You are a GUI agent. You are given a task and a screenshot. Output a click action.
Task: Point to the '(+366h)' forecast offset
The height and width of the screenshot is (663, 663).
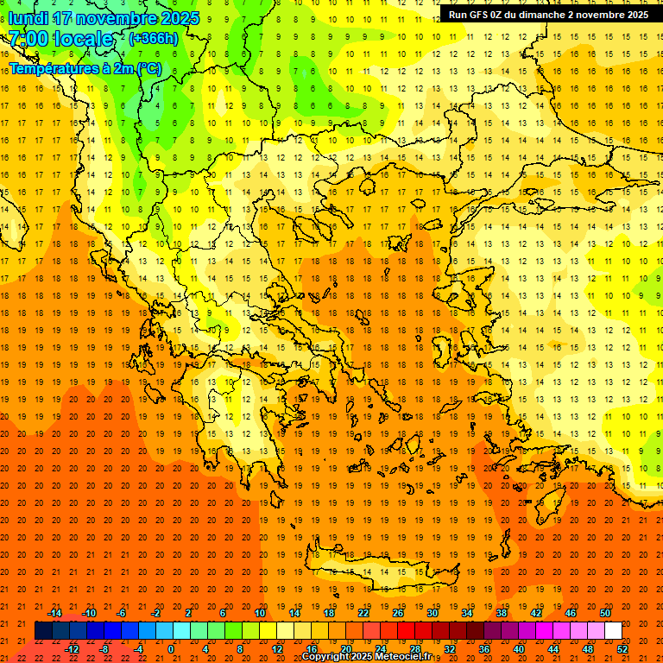click(154, 39)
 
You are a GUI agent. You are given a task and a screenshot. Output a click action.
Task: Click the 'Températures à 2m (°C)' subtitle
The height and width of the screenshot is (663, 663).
click(85, 68)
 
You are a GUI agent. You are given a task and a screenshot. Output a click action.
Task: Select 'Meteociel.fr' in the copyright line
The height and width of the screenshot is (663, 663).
click(403, 657)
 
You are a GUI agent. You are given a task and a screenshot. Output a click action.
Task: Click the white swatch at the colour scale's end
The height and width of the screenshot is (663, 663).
click(613, 631)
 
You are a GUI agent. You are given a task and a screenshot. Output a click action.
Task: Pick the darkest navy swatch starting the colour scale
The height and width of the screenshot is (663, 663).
click(43, 631)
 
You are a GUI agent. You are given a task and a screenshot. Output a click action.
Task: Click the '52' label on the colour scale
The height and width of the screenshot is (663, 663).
click(622, 649)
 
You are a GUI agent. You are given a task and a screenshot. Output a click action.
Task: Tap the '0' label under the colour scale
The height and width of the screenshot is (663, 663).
click(171, 649)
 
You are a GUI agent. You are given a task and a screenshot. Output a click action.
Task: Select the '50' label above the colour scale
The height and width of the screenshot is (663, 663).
click(604, 613)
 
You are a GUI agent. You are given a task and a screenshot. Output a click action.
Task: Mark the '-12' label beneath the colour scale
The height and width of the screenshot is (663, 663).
click(72, 649)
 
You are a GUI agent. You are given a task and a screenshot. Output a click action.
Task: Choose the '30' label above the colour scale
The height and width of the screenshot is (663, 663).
click(432, 613)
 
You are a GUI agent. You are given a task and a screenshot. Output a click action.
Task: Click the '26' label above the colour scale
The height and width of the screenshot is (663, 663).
click(397, 613)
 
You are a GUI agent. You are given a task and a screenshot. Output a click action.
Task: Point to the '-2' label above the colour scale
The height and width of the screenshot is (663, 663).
click(155, 613)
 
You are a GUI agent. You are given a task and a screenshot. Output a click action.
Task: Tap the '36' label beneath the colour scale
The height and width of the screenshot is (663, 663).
click(484, 649)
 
